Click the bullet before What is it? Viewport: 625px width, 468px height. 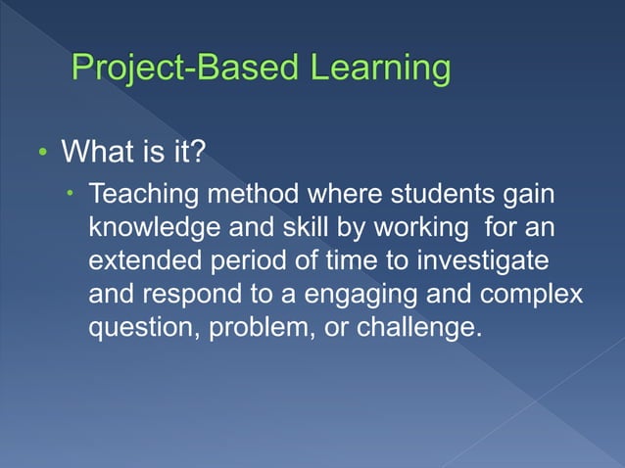click(42, 156)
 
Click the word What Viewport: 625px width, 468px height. click(99, 154)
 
